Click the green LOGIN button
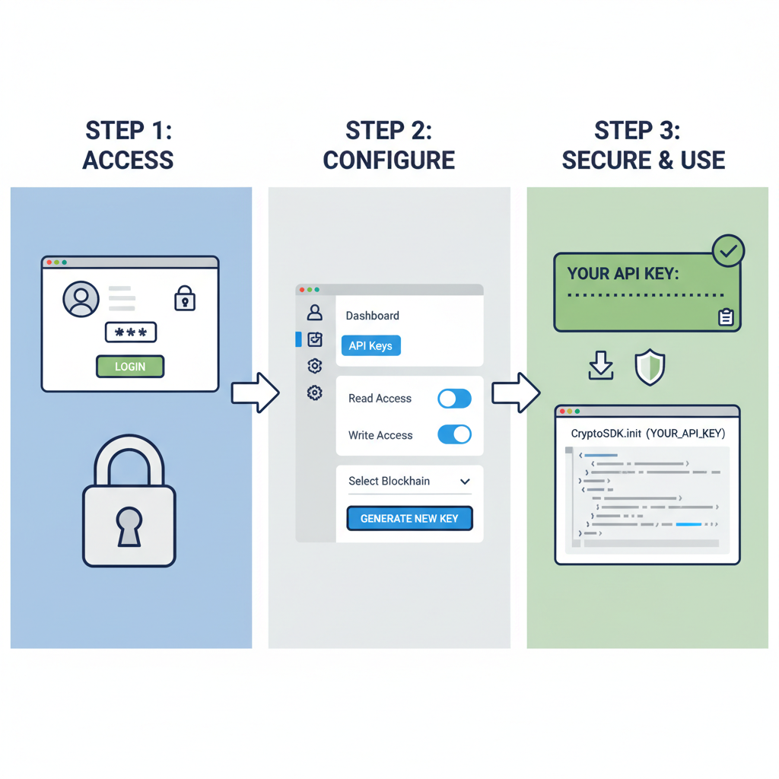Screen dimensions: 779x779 pyautogui.click(x=130, y=367)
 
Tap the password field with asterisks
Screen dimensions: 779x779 pyautogui.click(x=130, y=333)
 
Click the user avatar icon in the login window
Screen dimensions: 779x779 pyautogui.click(x=81, y=299)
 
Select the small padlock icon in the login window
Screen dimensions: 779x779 pyautogui.click(x=185, y=298)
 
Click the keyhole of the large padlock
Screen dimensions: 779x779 pyautogui.click(x=129, y=526)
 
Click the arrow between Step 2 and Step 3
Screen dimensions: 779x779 pyautogui.click(x=516, y=393)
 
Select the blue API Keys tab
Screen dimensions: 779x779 pyautogui.click(x=370, y=346)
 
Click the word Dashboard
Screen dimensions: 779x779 pyautogui.click(x=372, y=316)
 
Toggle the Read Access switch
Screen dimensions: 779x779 pyautogui.click(x=454, y=398)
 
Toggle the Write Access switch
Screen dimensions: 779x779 pyautogui.click(x=454, y=434)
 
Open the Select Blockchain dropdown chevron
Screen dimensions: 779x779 pyautogui.click(x=465, y=482)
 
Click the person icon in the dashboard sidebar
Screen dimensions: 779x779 pyautogui.click(x=314, y=313)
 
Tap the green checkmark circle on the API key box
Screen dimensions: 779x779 pyautogui.click(x=728, y=251)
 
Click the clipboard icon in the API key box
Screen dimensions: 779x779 pyautogui.click(x=726, y=317)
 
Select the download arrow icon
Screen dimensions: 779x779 pyautogui.click(x=601, y=367)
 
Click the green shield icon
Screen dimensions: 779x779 pyautogui.click(x=650, y=367)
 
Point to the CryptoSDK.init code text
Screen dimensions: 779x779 pyautogui.click(x=647, y=433)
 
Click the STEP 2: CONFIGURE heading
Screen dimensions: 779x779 pyautogui.click(x=389, y=145)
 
